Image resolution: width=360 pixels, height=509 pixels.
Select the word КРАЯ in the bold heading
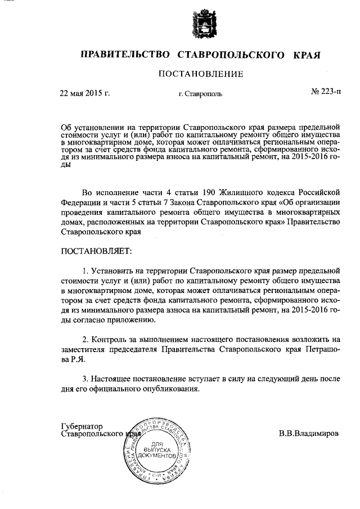pyautogui.click(x=307, y=55)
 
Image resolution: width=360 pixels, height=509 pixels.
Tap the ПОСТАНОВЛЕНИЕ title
pyautogui.click(x=200, y=74)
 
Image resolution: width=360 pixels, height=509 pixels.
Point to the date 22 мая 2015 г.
pyautogui.click(x=84, y=93)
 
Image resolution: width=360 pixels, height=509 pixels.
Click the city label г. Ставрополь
pyautogui.click(x=200, y=93)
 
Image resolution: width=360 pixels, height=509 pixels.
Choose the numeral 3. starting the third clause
pyautogui.click(x=85, y=379)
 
